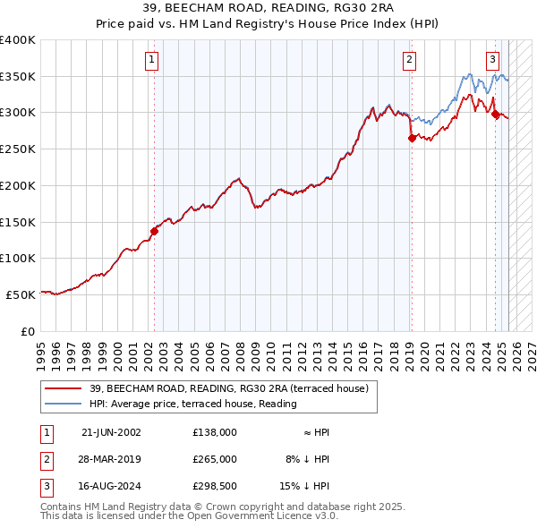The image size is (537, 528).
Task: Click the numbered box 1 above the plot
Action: point(153,60)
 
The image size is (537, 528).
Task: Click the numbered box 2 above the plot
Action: point(409,60)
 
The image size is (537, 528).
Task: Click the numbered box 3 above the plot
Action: point(492,60)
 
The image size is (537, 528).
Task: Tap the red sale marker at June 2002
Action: point(154,231)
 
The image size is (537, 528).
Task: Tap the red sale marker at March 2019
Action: point(412,138)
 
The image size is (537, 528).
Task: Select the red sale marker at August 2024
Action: point(495,113)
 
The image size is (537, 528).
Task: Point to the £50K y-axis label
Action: point(21,294)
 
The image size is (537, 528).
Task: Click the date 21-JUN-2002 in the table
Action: point(111,432)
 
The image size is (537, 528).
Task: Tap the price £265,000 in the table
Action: point(214,459)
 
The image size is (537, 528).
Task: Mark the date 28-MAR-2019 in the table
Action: point(111,459)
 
